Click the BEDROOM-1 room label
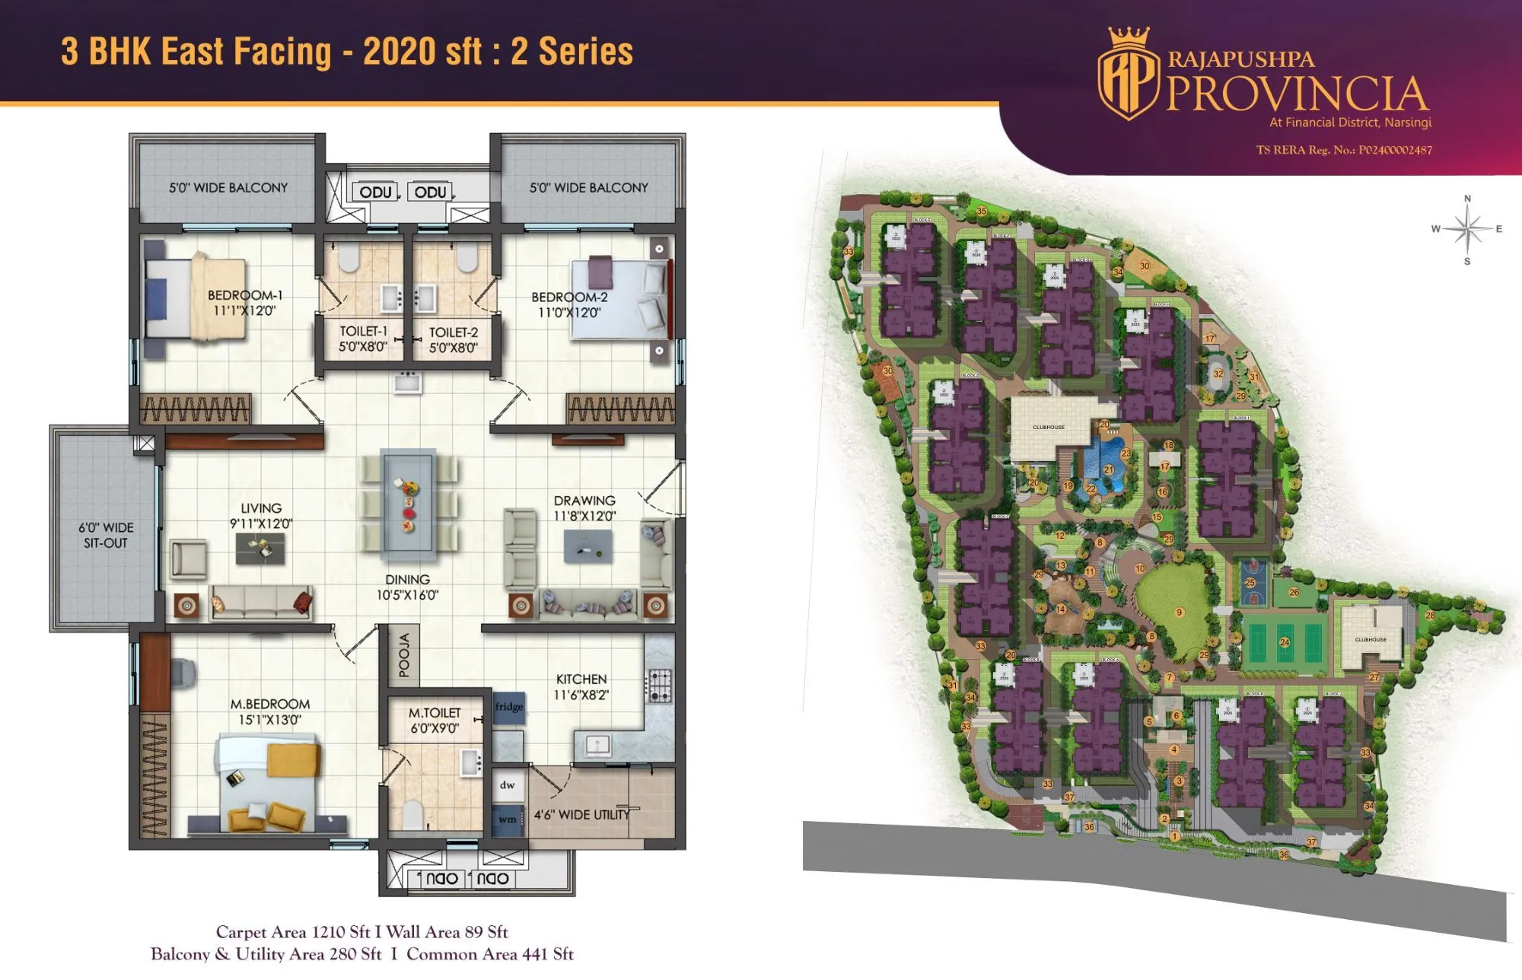coord(245,295)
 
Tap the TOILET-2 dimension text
coord(454,348)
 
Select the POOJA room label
coord(404,655)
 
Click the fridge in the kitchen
coord(508,707)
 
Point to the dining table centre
coord(409,502)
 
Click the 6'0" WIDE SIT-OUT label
coord(106,535)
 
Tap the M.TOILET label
coord(435,713)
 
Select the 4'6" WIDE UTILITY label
coord(582,814)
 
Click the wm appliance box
coord(508,819)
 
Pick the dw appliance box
coord(508,784)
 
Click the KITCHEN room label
coord(581,679)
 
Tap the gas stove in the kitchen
coord(659,686)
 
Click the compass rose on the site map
coord(1467,229)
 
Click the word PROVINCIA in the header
coord(1297,94)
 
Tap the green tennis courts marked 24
coord(1285,643)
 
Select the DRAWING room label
coord(584,501)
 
